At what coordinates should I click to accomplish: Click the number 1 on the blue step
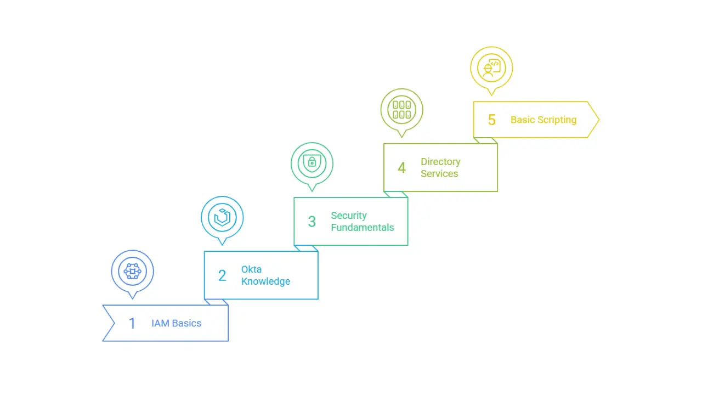(132, 323)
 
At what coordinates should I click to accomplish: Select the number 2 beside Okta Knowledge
(222, 275)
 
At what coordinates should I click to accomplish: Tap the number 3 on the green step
(312, 222)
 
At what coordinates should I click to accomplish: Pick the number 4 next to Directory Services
(401, 168)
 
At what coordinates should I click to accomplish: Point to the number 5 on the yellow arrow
(492, 120)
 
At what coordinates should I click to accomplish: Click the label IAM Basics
(176, 323)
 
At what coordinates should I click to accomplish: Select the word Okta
(251, 269)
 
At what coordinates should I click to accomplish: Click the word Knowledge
(265, 281)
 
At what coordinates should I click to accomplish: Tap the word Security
(348, 216)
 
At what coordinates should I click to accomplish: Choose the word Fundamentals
(362, 227)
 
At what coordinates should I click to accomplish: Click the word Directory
(440, 162)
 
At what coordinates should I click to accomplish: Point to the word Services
(439, 173)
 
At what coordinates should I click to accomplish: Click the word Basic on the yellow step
(522, 120)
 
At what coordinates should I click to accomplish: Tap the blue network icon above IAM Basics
(132, 271)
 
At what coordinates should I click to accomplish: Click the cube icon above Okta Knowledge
(222, 217)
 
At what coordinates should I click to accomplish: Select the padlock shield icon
(312, 163)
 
